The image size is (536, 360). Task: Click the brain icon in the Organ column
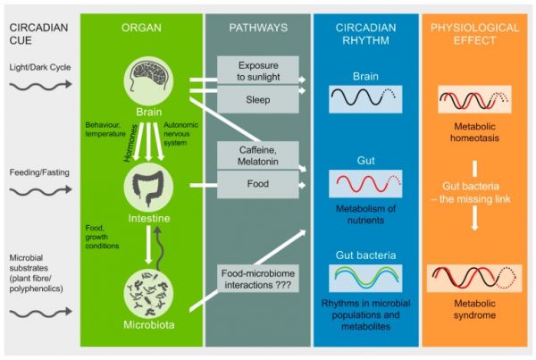tap(148, 81)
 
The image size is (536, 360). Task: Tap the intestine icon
tap(148, 187)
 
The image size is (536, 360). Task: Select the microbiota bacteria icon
tap(148, 293)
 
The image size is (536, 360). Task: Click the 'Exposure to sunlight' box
tap(258, 71)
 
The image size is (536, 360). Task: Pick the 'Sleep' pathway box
tap(258, 99)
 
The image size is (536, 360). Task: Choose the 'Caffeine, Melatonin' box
tap(258, 155)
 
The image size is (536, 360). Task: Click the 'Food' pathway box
tap(258, 184)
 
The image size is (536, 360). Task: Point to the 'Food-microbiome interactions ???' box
tap(258, 279)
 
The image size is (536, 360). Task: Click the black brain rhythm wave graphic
tap(365, 99)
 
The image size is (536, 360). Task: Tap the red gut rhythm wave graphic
tap(365, 184)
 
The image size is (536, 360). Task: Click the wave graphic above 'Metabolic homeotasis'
tap(475, 99)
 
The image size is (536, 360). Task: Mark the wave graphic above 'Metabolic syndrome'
tap(474, 279)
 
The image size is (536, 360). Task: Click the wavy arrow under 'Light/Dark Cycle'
tap(41, 85)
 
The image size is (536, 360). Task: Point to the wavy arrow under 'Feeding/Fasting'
tap(41, 190)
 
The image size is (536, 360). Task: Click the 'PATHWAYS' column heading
tap(258, 28)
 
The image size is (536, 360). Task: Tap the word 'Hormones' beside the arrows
tap(130, 143)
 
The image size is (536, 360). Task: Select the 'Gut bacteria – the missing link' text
tap(472, 192)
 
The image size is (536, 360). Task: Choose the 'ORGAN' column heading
tap(141, 28)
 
